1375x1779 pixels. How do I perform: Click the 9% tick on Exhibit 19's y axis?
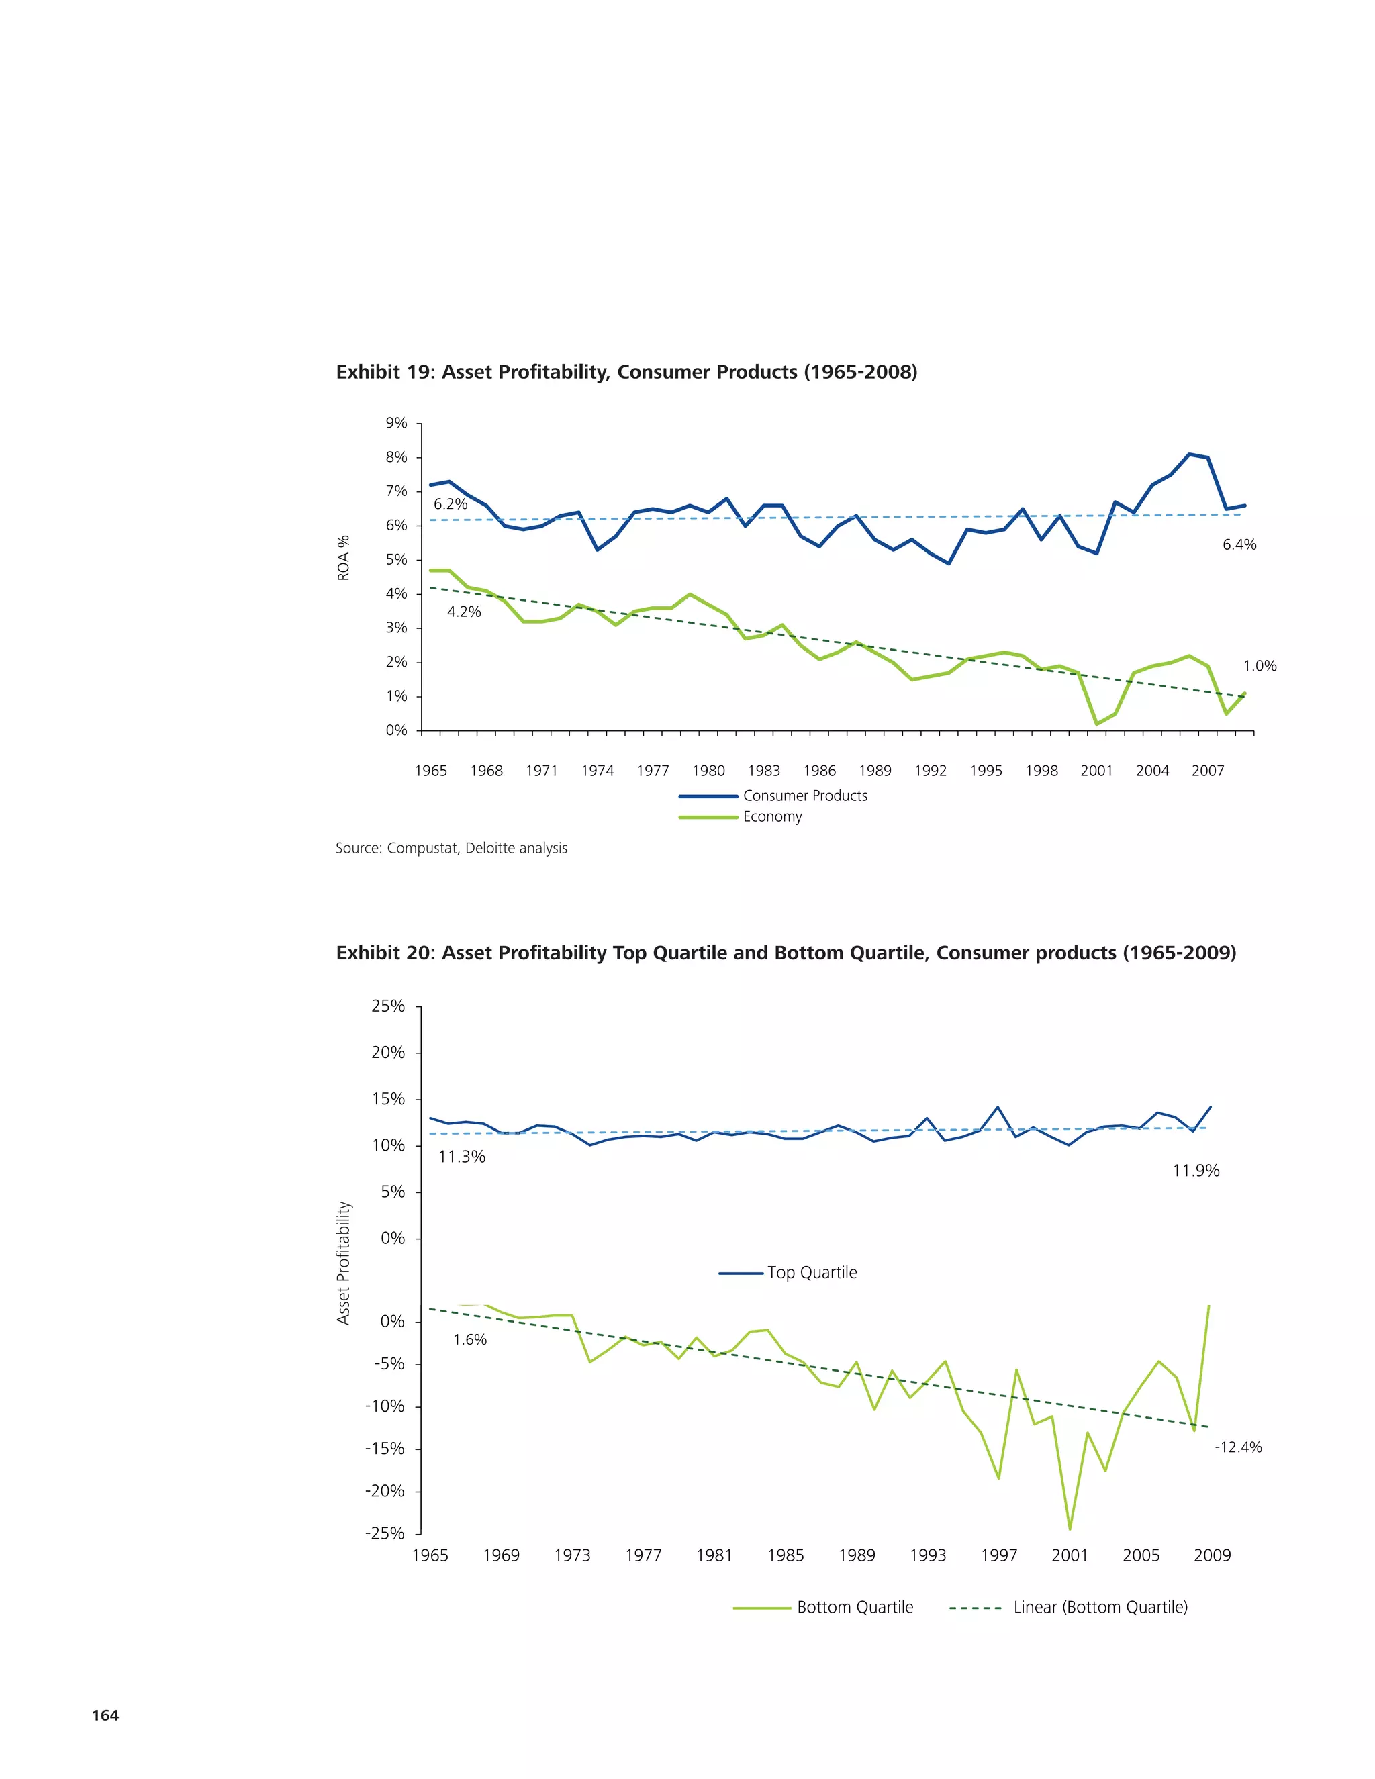point(397,423)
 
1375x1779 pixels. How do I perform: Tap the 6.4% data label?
point(1239,545)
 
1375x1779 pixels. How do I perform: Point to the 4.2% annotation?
point(463,612)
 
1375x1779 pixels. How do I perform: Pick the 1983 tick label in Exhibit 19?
point(763,771)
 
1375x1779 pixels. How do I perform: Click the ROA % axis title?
point(344,558)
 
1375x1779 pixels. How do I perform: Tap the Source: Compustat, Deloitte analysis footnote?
point(451,848)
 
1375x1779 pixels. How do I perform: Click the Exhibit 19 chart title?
point(626,373)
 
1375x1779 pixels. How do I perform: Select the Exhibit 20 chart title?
point(786,953)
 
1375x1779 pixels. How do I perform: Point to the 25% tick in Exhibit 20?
point(389,1006)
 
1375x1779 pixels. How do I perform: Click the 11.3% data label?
point(462,1157)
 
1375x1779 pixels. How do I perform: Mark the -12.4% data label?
point(1237,1447)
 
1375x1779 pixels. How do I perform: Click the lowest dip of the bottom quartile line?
point(1070,1529)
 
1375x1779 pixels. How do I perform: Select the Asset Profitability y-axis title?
point(344,1263)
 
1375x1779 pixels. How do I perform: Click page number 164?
point(105,1715)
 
